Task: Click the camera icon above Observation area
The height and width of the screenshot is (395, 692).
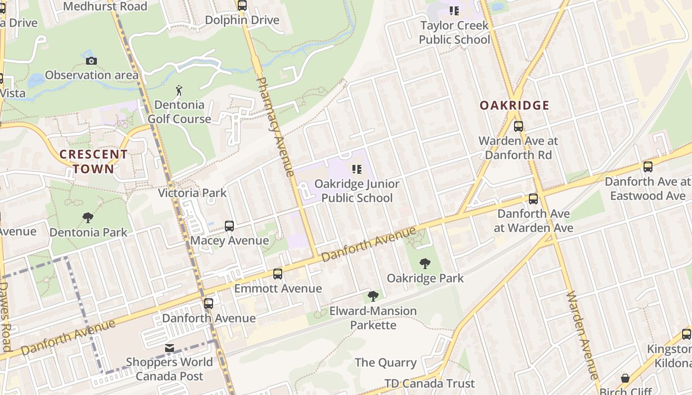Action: click(x=91, y=61)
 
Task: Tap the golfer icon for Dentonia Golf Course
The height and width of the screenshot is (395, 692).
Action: click(x=179, y=90)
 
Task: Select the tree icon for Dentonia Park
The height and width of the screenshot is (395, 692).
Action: click(x=88, y=218)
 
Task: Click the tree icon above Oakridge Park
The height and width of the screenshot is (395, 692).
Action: click(x=425, y=263)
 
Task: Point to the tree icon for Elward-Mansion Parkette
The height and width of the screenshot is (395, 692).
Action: click(x=373, y=296)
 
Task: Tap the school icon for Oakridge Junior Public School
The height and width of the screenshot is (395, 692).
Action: click(x=356, y=169)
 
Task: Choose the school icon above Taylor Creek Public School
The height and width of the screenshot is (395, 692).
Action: click(x=454, y=10)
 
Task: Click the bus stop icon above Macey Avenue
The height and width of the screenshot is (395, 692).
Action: click(x=229, y=226)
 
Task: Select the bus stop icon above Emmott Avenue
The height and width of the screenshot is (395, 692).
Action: click(x=278, y=274)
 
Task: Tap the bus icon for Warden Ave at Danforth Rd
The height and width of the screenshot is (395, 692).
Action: click(x=518, y=126)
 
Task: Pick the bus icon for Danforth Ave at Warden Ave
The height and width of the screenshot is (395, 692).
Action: click(x=533, y=199)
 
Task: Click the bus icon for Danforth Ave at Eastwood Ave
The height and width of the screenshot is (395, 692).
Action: click(x=648, y=167)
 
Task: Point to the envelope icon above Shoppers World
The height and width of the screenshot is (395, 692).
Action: click(x=170, y=348)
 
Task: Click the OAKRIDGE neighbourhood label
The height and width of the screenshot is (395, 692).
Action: click(x=515, y=105)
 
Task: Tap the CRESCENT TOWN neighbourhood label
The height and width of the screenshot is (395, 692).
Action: click(x=93, y=161)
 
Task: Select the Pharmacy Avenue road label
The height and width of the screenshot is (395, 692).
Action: click(x=276, y=126)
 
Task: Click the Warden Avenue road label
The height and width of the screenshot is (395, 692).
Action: click(x=582, y=335)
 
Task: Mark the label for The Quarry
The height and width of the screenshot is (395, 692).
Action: click(x=386, y=362)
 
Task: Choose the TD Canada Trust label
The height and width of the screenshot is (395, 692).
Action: click(x=430, y=383)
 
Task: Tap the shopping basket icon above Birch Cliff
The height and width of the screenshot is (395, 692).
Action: click(x=625, y=378)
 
